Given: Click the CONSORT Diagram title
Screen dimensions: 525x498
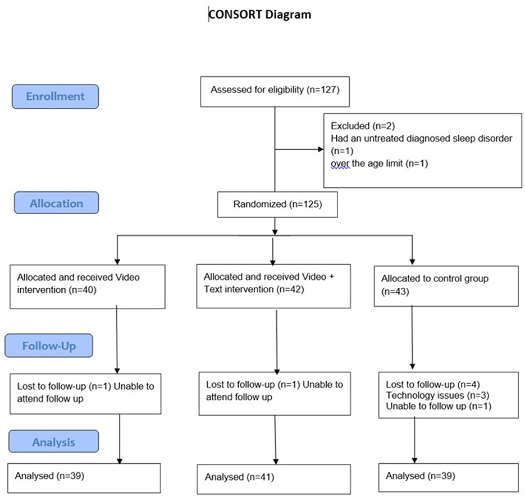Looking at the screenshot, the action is click(x=259, y=15).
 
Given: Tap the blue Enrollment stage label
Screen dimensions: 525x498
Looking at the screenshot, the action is click(x=55, y=96).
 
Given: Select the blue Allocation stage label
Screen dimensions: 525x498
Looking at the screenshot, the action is click(x=56, y=202).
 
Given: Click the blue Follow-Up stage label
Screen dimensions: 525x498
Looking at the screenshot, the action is click(x=49, y=345).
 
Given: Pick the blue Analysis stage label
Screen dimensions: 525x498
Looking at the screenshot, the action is click(x=53, y=441).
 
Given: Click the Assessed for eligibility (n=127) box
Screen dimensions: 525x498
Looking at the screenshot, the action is click(x=275, y=91).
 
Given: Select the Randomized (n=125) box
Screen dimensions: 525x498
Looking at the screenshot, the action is click(x=277, y=204).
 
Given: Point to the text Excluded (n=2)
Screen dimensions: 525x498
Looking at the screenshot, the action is click(x=363, y=126).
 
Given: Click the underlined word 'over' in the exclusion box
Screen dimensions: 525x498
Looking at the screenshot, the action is click(x=340, y=164).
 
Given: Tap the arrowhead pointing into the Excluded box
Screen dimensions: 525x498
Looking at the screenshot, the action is click(x=321, y=149).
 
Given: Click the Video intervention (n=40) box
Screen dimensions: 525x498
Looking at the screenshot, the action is click(x=88, y=287).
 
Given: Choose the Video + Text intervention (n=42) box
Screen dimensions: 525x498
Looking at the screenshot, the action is click(x=273, y=286).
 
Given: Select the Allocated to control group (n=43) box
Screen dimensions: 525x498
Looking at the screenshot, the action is click(x=446, y=286).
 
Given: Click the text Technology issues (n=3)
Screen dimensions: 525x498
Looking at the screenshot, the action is click(x=437, y=395).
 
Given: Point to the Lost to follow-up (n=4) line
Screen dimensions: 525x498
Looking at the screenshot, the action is click(x=433, y=385).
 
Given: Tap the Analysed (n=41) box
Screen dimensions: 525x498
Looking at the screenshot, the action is click(x=274, y=479).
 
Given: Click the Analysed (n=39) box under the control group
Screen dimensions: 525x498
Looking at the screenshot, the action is click(x=449, y=478).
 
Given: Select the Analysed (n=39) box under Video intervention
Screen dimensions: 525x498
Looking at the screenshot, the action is click(x=84, y=478).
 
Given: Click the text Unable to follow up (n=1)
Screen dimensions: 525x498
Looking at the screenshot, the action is click(x=439, y=406).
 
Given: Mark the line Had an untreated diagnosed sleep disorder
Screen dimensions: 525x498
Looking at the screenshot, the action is click(x=422, y=139).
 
